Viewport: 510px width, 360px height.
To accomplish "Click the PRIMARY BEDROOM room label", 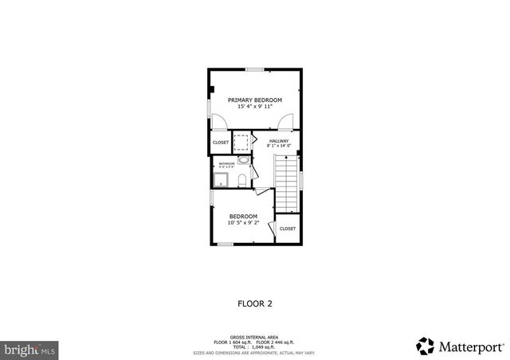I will tap(255, 100).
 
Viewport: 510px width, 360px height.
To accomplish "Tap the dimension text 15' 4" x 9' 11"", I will tap(255, 107).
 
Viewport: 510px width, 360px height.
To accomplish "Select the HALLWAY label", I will tap(278, 141).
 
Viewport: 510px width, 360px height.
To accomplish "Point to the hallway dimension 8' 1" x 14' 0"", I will tap(278, 147).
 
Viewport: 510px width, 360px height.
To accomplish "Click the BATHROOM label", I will tap(228, 162).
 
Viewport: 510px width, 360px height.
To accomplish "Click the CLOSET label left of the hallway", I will tap(221, 143).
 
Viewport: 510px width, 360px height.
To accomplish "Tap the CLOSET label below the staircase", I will tap(288, 229).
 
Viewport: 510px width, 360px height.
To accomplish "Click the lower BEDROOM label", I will tap(243, 217).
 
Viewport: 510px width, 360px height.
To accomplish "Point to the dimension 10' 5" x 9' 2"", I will tap(243, 223).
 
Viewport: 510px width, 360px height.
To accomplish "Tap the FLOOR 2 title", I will tap(255, 303).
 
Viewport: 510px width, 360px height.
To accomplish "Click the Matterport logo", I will tap(461, 346).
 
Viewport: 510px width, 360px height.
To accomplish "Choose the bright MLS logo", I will tap(29, 349).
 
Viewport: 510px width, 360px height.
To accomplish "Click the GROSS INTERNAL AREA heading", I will tap(255, 337).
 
